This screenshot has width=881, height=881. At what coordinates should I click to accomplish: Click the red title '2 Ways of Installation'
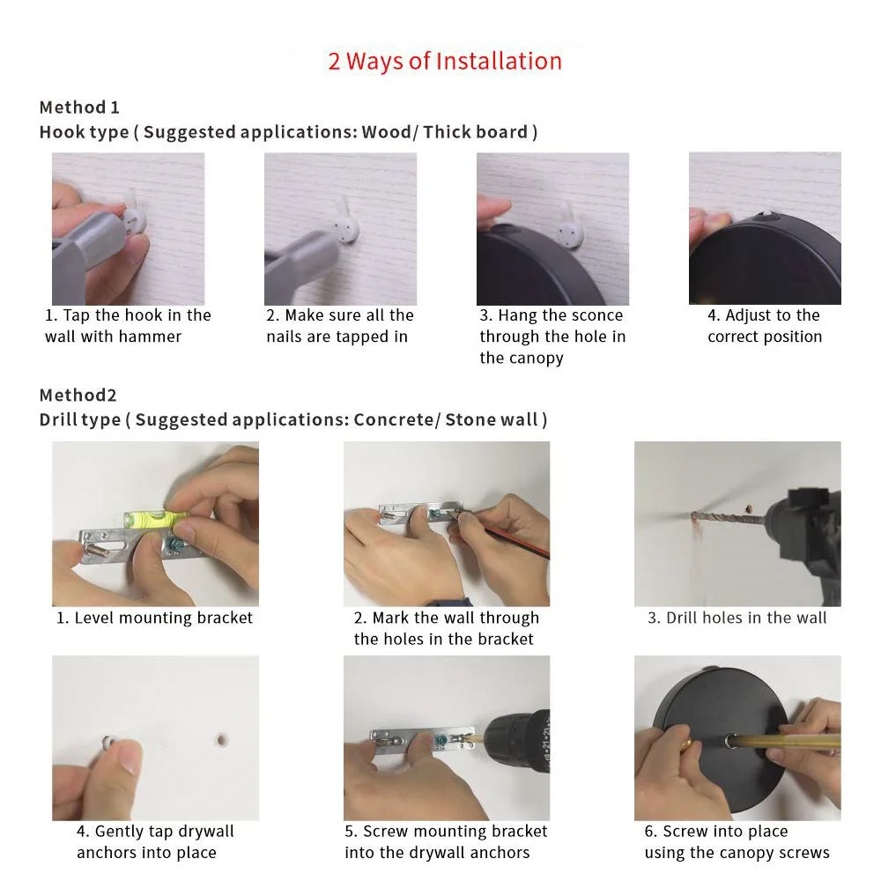pyautogui.click(x=444, y=62)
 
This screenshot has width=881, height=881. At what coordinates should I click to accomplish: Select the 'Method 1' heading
pyautogui.click(x=79, y=107)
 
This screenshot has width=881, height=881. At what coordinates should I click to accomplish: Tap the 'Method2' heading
pyautogui.click(x=78, y=395)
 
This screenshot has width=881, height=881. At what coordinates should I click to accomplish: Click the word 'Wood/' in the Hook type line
pyautogui.click(x=390, y=132)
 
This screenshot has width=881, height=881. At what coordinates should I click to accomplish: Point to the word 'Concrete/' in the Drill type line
pyautogui.click(x=396, y=419)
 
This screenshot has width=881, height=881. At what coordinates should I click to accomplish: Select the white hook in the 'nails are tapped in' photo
pyautogui.click(x=344, y=224)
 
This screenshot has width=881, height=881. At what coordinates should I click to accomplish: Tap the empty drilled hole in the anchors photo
pyautogui.click(x=223, y=740)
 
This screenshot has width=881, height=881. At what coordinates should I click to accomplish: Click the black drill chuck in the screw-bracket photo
pyautogui.click(x=517, y=741)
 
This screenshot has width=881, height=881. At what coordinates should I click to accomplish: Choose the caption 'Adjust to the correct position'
pyautogui.click(x=765, y=326)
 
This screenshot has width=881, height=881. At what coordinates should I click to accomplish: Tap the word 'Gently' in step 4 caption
pyautogui.click(x=120, y=833)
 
